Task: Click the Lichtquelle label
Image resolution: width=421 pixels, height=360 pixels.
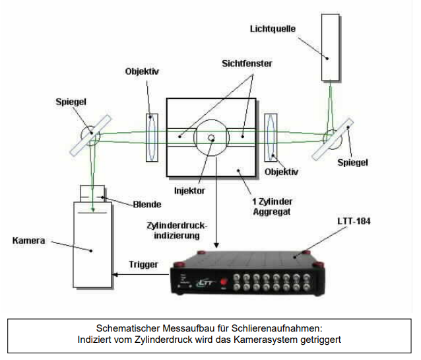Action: coord(273,29)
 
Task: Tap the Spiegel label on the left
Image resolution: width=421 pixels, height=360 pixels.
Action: coord(70,102)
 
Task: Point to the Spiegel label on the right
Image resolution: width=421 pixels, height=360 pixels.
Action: coord(353,161)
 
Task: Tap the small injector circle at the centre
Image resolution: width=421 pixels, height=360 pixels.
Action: coord(211,138)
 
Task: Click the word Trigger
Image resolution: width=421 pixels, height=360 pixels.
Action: coord(145,264)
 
